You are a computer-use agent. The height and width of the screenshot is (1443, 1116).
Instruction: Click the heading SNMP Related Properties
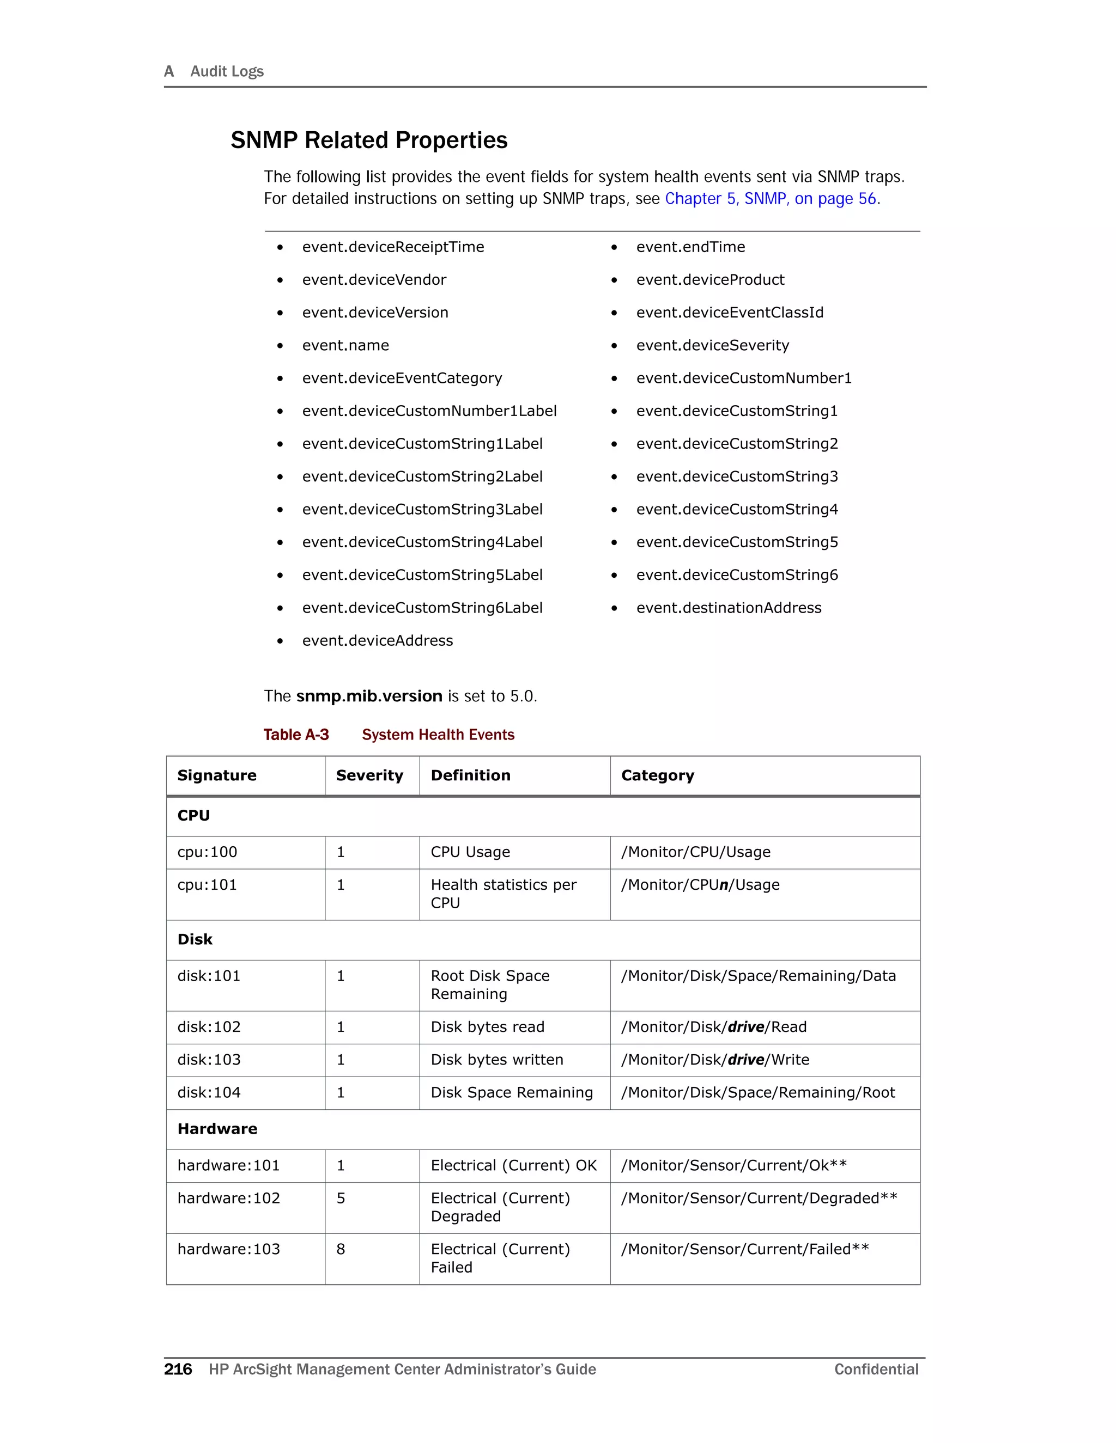pyautogui.click(x=368, y=140)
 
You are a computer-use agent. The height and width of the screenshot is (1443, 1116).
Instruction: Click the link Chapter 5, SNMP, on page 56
pyautogui.click(x=772, y=199)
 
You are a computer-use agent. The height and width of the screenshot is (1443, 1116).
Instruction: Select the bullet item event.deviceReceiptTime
pyautogui.click(x=393, y=247)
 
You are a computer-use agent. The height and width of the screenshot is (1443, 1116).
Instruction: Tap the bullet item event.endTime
pyautogui.click(x=690, y=247)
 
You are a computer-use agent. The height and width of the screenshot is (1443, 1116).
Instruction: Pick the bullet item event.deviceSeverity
pyautogui.click(x=712, y=346)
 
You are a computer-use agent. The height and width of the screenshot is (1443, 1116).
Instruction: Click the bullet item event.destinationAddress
pyautogui.click(x=729, y=608)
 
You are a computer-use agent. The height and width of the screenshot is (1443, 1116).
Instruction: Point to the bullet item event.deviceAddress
pyautogui.click(x=377, y=641)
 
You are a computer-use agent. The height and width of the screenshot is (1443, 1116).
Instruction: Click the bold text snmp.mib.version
pyautogui.click(x=369, y=696)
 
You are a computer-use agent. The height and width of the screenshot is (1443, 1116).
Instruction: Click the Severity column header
pyautogui.click(x=369, y=775)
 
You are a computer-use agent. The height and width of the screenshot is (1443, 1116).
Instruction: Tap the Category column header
pyautogui.click(x=657, y=775)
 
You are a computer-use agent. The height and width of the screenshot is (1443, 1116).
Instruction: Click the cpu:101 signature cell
pyautogui.click(x=207, y=885)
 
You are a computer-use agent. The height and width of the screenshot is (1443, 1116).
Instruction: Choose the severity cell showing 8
pyautogui.click(x=341, y=1249)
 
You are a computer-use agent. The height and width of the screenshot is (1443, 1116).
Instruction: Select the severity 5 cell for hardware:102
pyautogui.click(x=341, y=1199)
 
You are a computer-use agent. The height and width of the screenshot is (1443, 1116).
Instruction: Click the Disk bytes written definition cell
pyautogui.click(x=496, y=1060)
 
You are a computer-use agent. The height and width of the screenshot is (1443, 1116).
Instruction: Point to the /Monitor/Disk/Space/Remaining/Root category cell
pyautogui.click(x=757, y=1093)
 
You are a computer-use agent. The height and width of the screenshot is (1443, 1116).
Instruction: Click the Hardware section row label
pyautogui.click(x=217, y=1129)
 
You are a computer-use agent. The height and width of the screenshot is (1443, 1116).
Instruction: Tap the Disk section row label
pyautogui.click(x=195, y=939)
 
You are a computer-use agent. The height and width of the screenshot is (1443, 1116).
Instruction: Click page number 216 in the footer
pyautogui.click(x=178, y=1369)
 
